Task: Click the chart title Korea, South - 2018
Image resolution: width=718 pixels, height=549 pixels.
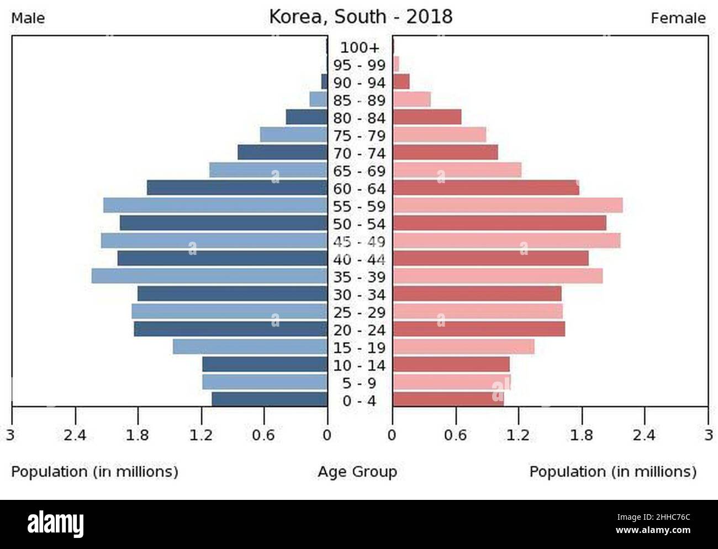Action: coord(361,17)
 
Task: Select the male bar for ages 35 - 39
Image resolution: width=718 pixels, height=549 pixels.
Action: coord(209,276)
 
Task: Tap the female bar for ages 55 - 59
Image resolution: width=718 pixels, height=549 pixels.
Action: coord(508,205)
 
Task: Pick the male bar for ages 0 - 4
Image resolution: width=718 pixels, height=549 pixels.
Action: coord(270,399)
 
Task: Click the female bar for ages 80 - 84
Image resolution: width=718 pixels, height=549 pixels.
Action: coord(427,117)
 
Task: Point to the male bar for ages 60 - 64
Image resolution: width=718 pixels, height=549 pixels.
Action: coord(237,188)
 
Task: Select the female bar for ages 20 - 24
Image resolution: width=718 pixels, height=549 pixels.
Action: coord(479,329)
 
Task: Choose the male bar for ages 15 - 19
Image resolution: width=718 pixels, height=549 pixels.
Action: coord(250,347)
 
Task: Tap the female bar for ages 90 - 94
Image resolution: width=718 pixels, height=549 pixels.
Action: coord(401,82)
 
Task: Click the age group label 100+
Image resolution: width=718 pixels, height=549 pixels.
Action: coord(360,47)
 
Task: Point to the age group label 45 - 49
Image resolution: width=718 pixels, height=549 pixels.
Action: coord(360,242)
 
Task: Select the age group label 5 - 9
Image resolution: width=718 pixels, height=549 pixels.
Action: coord(360,383)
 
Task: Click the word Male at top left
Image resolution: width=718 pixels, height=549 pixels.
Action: coord(28,18)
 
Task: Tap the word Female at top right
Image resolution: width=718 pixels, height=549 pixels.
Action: coord(678,18)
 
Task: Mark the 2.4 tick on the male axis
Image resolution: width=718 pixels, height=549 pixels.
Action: coord(75,435)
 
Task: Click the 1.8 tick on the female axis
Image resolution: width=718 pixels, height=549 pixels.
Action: coord(582,435)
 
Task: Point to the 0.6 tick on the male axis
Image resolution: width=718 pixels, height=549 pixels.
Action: coord(263,435)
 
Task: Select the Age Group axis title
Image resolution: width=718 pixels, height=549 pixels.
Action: coord(357,472)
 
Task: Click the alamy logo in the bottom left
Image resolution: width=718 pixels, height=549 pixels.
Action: coord(56,524)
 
